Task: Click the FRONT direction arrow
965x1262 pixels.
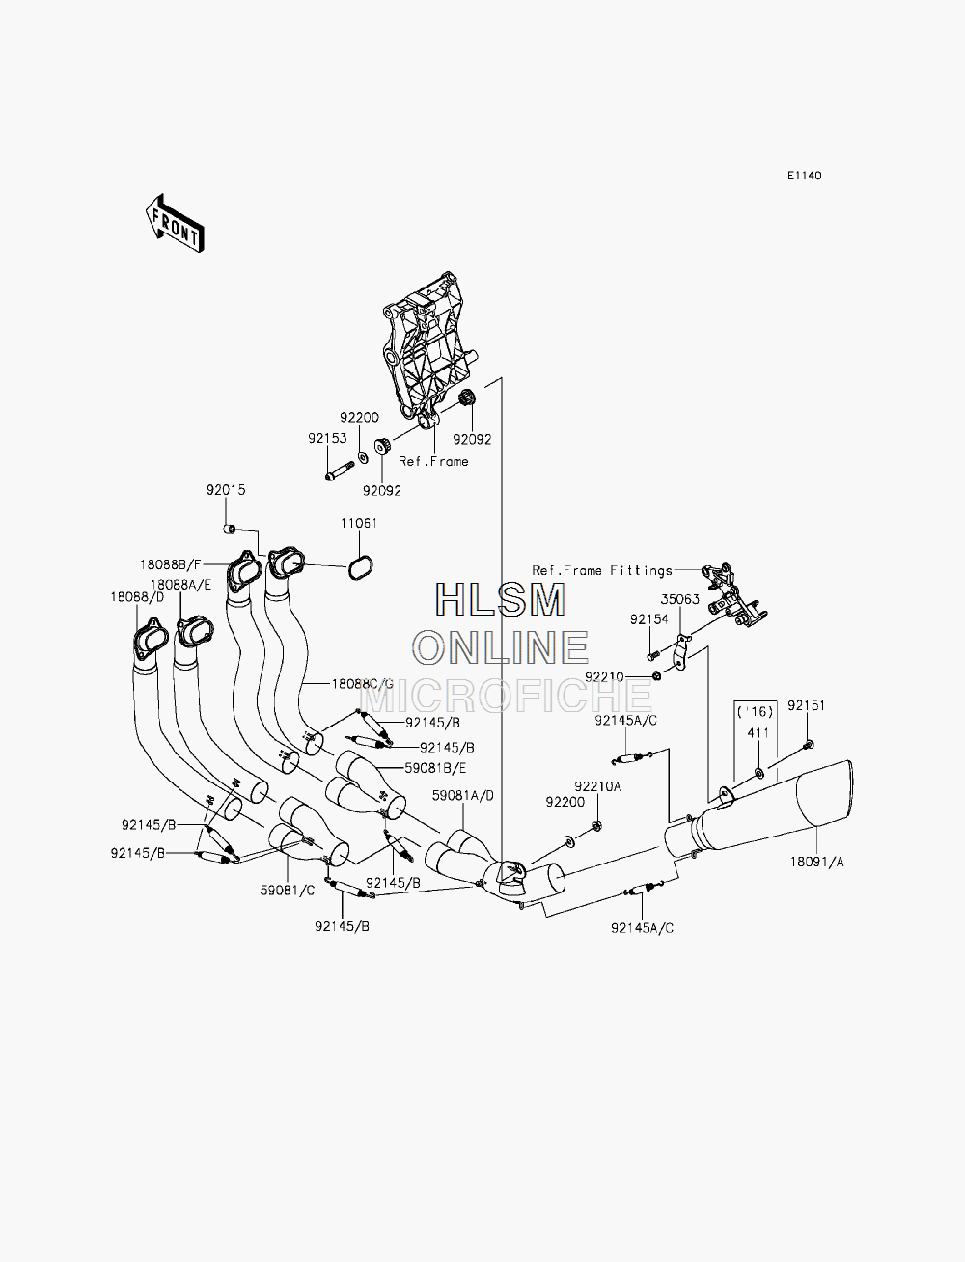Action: (x=175, y=224)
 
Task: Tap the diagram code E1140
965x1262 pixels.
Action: (x=805, y=176)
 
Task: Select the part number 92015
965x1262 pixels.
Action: (x=226, y=490)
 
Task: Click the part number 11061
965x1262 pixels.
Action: (x=359, y=523)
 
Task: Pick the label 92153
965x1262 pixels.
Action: (x=327, y=438)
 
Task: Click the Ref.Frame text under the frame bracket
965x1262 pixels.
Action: (x=433, y=461)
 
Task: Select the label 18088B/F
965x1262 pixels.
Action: (x=170, y=564)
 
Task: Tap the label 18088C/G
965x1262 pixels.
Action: (x=363, y=684)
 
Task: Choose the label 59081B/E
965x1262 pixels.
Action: (x=436, y=768)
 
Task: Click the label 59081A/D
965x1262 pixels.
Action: (x=463, y=796)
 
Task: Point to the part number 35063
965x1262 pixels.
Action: (x=679, y=599)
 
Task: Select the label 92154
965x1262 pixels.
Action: (x=649, y=619)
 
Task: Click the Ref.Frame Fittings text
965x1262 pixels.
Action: (x=602, y=570)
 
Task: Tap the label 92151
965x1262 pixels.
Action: (x=807, y=705)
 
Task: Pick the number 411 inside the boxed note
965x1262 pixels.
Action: (x=758, y=733)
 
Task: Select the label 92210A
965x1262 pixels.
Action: (x=598, y=786)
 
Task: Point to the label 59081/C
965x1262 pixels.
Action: (x=288, y=890)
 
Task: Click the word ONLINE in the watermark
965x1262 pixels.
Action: (x=502, y=646)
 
